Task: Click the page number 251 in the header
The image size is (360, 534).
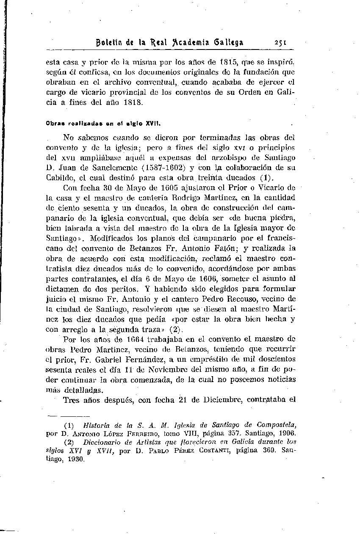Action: point(281,42)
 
